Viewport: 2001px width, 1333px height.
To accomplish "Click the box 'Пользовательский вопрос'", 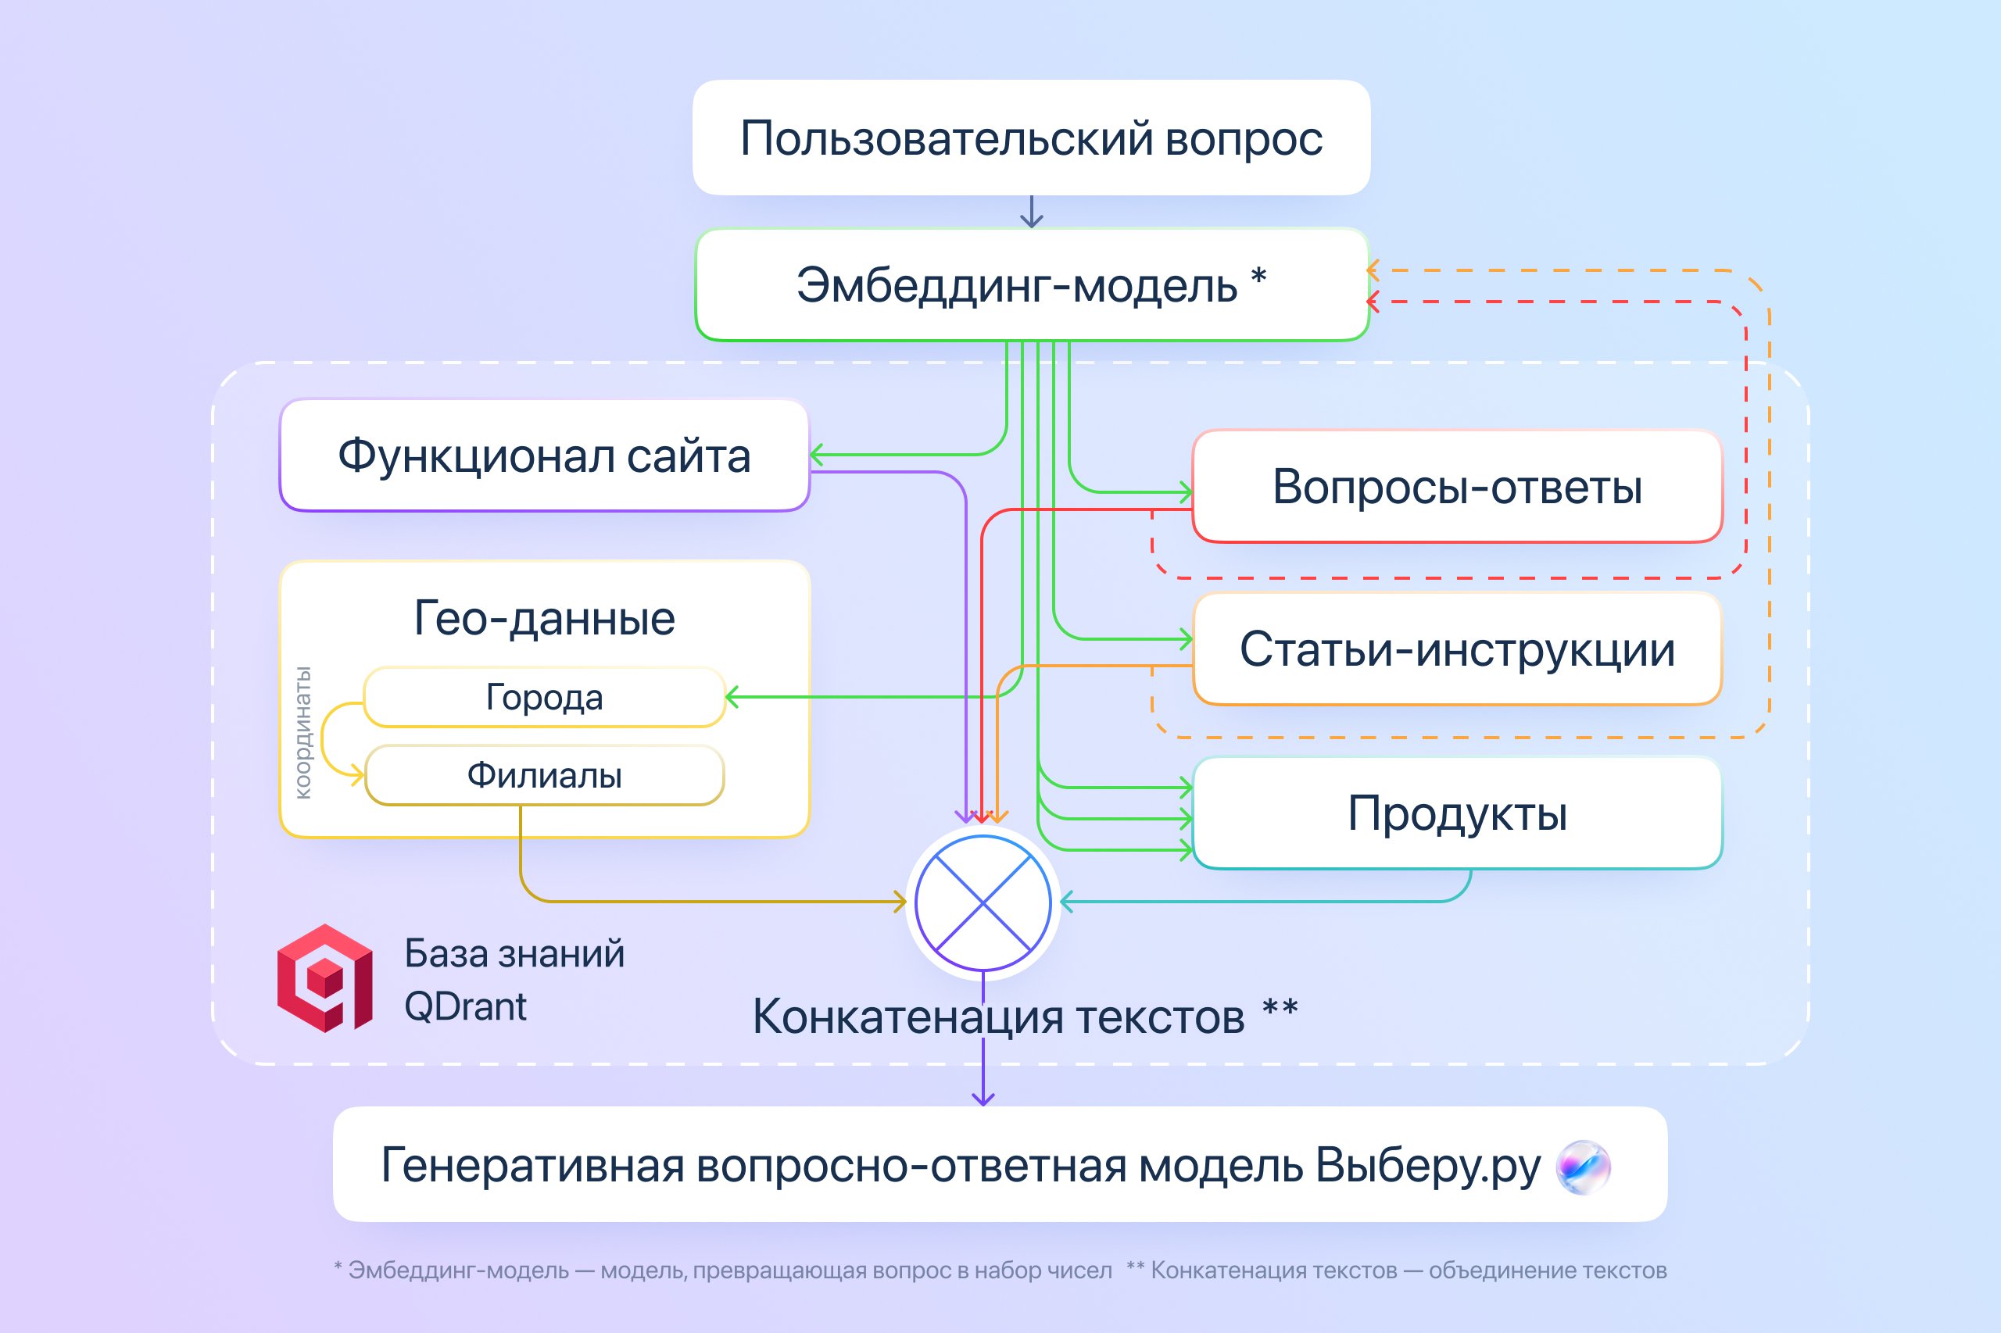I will pos(1031,138).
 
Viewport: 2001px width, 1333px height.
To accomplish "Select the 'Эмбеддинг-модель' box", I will pos(1031,284).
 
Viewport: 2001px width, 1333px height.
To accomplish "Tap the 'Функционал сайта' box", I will pos(544,456).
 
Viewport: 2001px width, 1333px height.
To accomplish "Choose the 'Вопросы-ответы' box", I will pos(1457,487).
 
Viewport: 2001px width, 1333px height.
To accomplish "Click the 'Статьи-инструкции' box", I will pos(1457,649).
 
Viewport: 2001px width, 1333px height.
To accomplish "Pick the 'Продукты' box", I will pos(1457,813).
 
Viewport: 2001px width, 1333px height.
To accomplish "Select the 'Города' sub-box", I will pos(544,697).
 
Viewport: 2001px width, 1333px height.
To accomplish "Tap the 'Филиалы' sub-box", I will pos(544,775).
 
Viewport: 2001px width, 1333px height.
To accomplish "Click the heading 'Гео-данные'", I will pos(544,618).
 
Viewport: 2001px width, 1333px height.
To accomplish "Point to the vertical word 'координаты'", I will pos(302,733).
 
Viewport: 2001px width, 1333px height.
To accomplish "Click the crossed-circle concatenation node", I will pos(983,902).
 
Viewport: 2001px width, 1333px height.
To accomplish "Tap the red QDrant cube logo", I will pos(325,978).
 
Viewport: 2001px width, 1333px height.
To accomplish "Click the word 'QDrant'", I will pos(465,1006).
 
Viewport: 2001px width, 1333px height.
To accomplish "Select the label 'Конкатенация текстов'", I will pos(999,1017).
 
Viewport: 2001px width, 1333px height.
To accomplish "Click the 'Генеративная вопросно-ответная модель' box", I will pos(961,1165).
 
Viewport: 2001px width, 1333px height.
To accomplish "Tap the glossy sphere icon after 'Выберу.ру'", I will pos(1583,1167).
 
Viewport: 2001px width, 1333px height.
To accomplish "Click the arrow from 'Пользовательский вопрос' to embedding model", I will pos(1032,213).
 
